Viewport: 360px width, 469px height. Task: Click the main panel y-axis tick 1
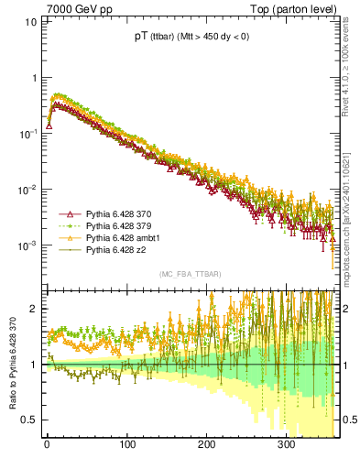[33, 77]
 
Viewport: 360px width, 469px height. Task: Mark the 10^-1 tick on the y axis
[27, 134]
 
